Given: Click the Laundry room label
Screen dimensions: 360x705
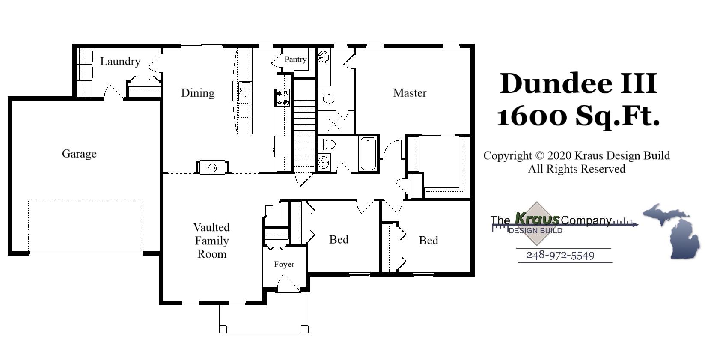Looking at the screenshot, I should pos(120,62).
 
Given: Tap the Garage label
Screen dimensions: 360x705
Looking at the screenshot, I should pos(79,154).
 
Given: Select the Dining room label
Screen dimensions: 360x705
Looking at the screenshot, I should pos(197,93).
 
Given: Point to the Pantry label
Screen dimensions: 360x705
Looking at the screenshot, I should pos(295,60).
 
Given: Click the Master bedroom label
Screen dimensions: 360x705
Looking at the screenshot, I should pos(410,93).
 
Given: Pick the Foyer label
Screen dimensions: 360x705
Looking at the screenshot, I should pos(284,265).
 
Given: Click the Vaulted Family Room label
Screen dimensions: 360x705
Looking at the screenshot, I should pos(211,241).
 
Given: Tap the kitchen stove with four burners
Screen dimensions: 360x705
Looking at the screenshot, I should pos(283,97).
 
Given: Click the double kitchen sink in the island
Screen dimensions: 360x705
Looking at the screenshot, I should pos(245,91).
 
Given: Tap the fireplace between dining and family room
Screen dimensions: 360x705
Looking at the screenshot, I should pos(213,167).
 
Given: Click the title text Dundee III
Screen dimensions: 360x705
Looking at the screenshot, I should pos(578,83).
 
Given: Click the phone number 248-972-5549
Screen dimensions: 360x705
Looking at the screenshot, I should pos(560,255).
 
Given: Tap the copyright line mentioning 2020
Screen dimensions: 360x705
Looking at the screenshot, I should pos(577,156).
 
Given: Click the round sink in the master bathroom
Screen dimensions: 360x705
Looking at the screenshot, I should pos(323,57).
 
